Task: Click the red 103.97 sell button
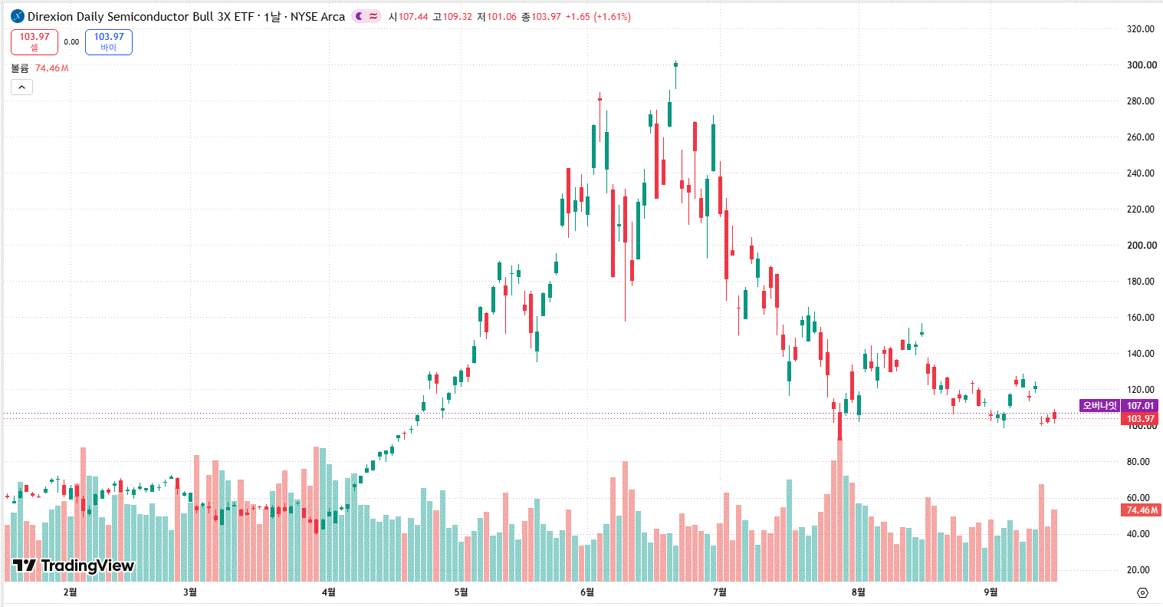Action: [x=34, y=41]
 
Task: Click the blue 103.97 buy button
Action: [x=109, y=41]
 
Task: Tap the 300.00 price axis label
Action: [x=1142, y=65]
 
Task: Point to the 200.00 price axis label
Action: [x=1142, y=246]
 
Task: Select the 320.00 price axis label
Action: [x=1140, y=29]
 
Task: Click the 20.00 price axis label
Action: [x=1138, y=569]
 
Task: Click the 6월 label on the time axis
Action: [x=587, y=592]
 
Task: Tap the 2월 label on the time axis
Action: [x=70, y=592]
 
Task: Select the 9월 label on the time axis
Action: [x=991, y=592]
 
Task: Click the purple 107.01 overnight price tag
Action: [x=1140, y=405]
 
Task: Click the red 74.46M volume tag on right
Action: [x=1141, y=510]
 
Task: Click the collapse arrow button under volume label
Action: [x=21, y=87]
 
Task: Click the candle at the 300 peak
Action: [x=676, y=64]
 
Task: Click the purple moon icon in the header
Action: [x=359, y=17]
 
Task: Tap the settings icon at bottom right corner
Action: [x=1142, y=592]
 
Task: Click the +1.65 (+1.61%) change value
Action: [x=598, y=17]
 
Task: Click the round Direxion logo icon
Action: [x=18, y=17]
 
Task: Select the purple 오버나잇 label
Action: [x=1099, y=405]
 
